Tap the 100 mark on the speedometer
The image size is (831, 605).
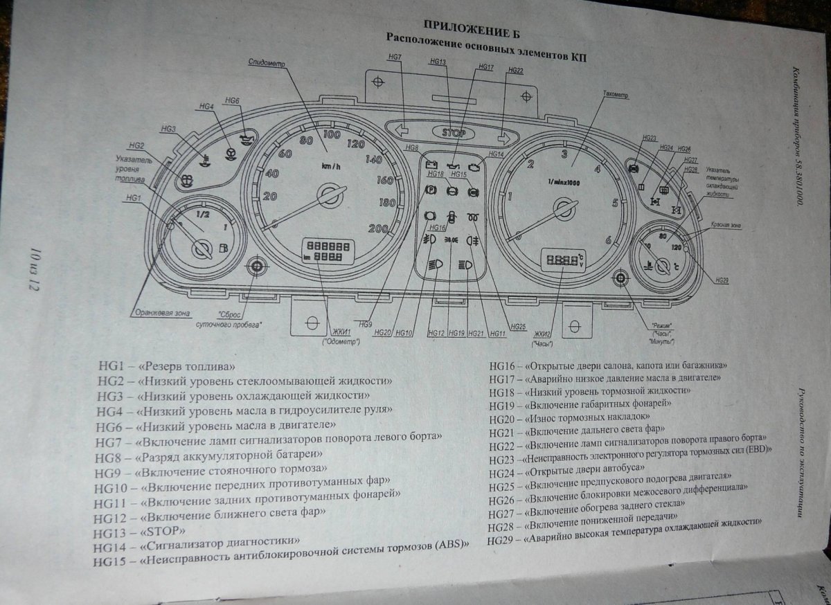click(x=331, y=134)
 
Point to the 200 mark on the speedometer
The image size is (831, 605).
click(x=378, y=228)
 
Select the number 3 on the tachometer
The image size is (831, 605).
click(x=564, y=154)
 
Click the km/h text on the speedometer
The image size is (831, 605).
click(x=330, y=167)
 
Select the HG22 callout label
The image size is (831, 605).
click(x=515, y=71)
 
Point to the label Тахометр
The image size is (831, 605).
click(x=615, y=94)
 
